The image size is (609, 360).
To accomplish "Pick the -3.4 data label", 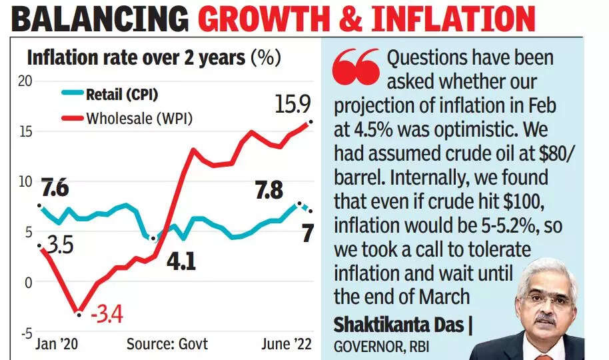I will (x=108, y=312).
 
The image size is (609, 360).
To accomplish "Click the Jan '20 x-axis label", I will (x=56, y=344).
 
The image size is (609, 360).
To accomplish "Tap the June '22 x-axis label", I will (x=286, y=344).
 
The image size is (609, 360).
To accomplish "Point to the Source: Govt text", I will (x=167, y=344).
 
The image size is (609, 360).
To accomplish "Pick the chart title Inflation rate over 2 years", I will (x=135, y=57).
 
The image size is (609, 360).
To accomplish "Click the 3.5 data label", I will (x=58, y=245).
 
